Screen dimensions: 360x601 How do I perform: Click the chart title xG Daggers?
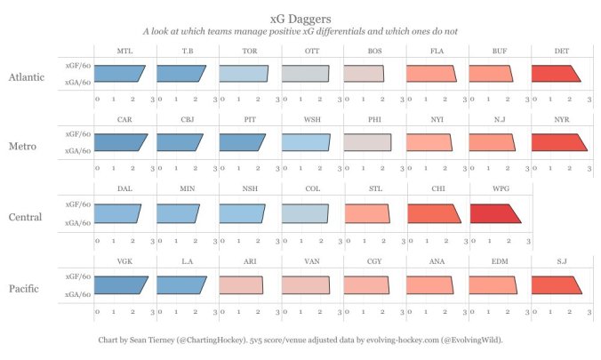300,17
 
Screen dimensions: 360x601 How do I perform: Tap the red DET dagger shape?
554,74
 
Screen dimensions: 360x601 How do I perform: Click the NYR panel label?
562,119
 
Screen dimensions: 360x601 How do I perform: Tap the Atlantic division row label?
27,77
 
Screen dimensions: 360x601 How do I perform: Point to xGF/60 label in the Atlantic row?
77,66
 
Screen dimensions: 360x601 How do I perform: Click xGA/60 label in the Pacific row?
77,293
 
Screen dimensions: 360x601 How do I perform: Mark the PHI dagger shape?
366,142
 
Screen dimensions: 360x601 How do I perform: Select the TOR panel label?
250,51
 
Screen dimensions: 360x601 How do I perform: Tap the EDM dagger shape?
491,284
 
